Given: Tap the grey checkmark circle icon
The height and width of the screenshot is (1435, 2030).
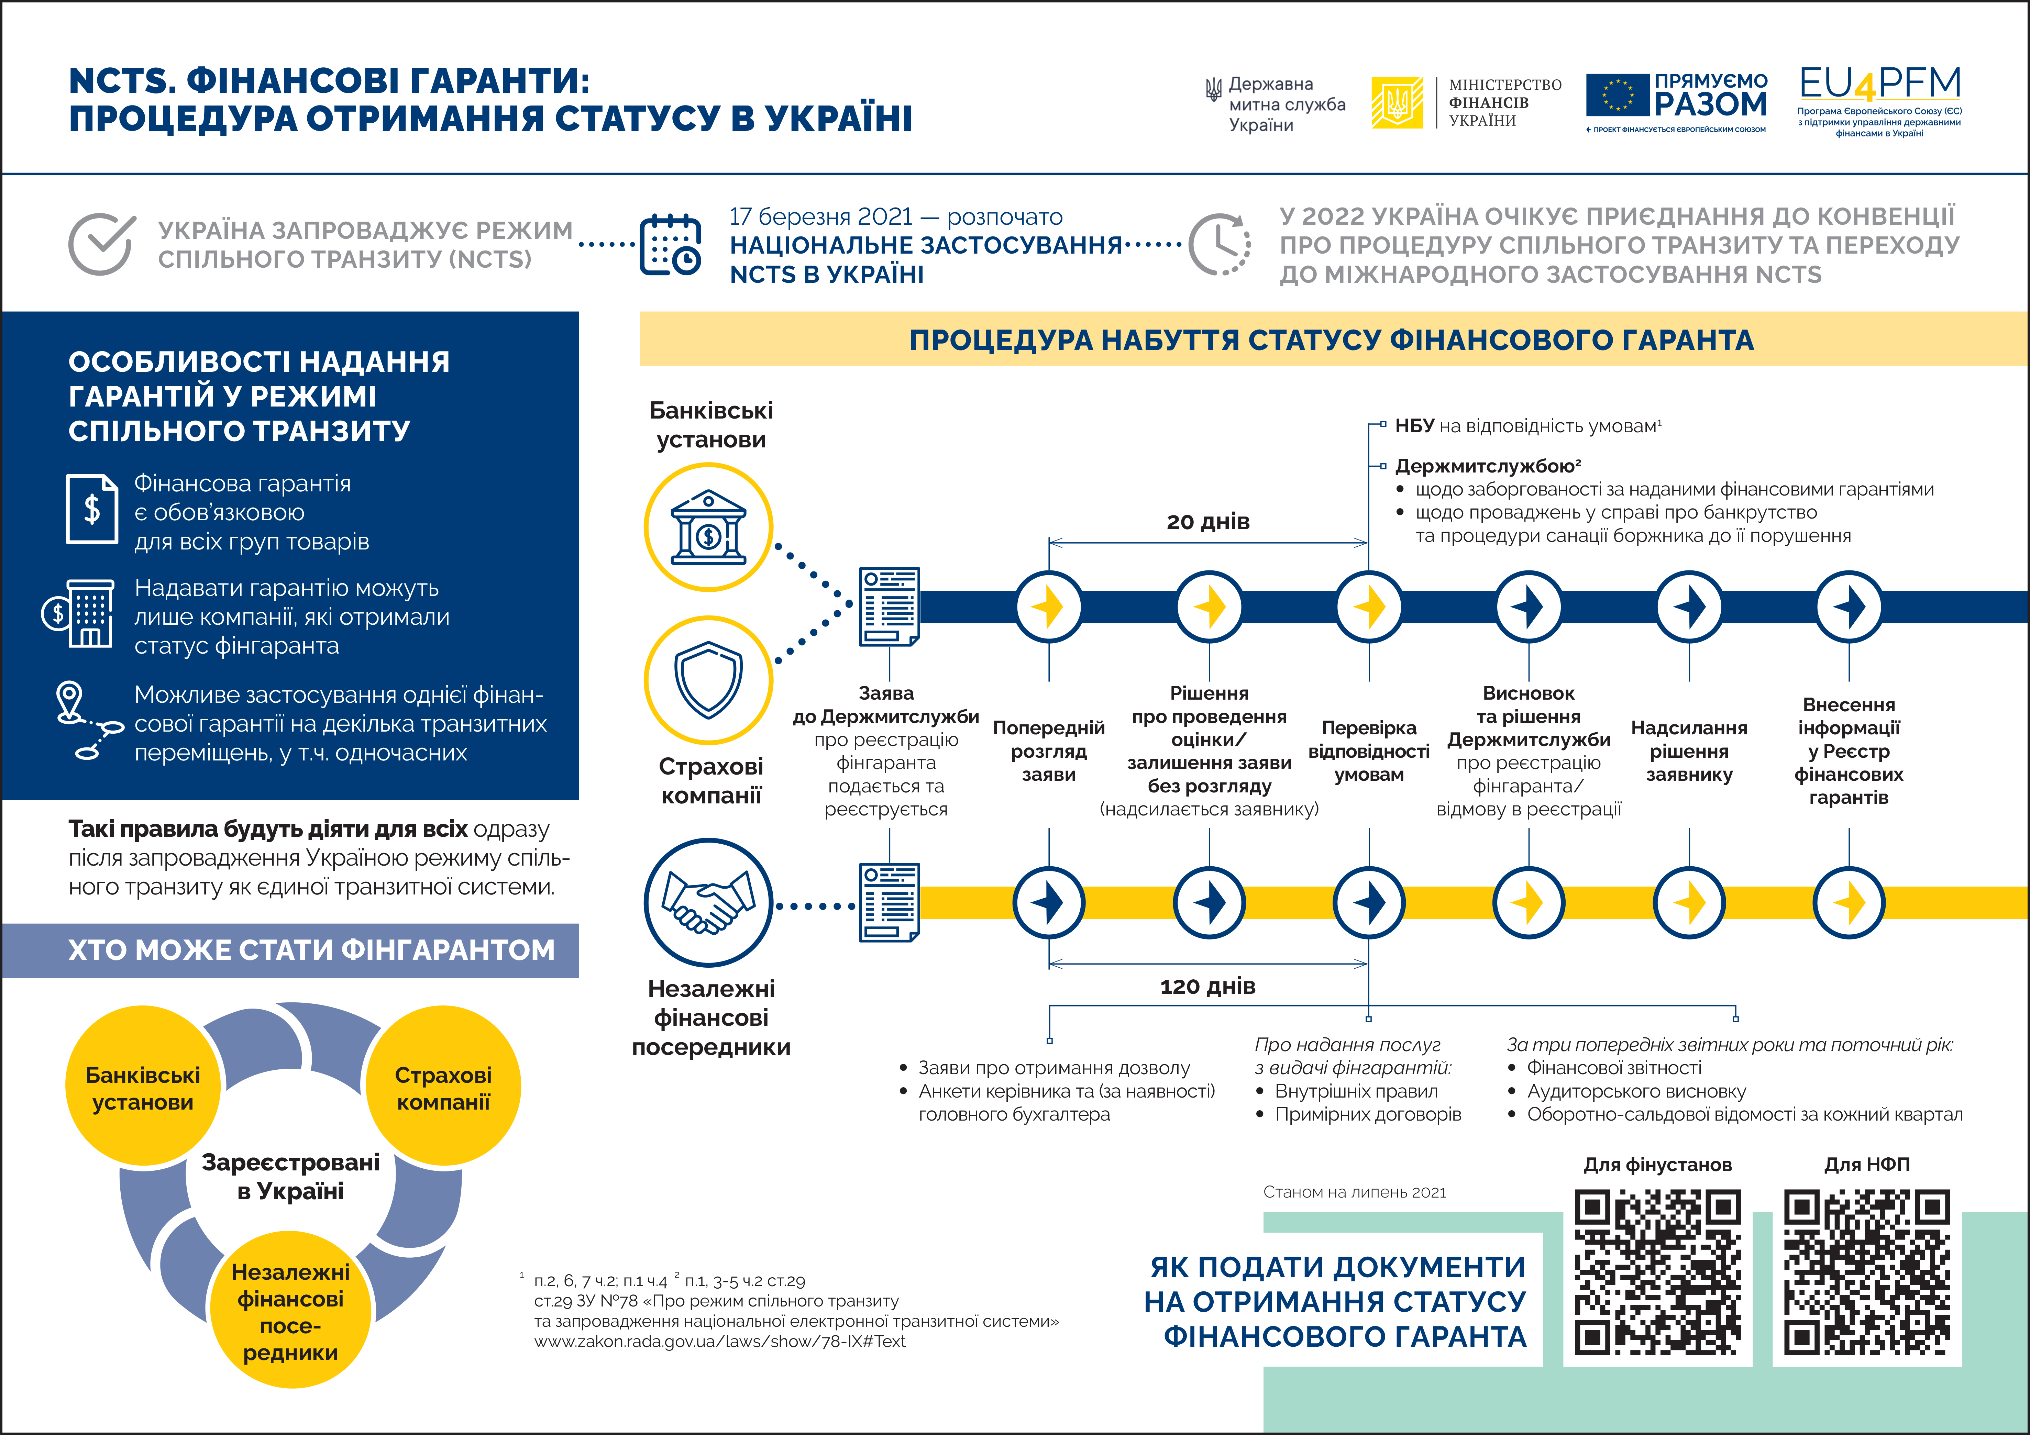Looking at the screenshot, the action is point(102,243).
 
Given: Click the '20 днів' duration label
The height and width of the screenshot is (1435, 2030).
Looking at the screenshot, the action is point(1208,522).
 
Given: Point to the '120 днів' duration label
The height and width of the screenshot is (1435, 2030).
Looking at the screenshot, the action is point(1208,986).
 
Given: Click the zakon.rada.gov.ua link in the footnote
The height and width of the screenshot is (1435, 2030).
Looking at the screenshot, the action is point(720,1341).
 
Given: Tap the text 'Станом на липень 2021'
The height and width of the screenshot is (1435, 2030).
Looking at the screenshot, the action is point(1355,1192).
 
